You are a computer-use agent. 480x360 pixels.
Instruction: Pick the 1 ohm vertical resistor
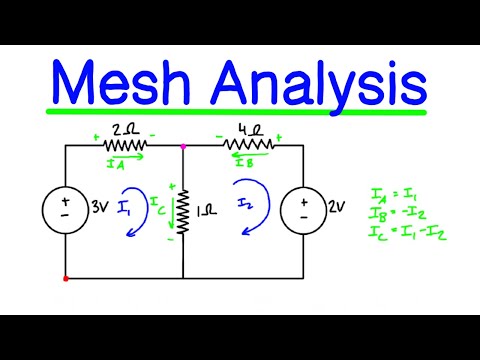[183, 210]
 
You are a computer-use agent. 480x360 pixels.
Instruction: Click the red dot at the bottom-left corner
[66, 278]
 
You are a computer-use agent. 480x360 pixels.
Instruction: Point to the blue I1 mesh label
[124, 211]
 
